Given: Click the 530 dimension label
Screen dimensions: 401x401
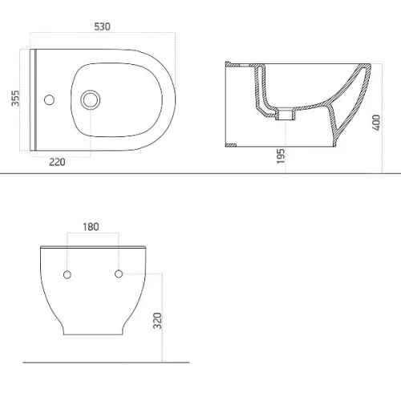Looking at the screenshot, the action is (x=102, y=26).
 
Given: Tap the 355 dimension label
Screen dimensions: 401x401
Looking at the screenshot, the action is (x=15, y=98).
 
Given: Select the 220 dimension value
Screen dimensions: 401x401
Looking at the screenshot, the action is (x=57, y=162).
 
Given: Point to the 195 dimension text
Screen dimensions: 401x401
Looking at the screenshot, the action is (x=281, y=156).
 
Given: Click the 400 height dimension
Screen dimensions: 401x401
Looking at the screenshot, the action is (x=376, y=123).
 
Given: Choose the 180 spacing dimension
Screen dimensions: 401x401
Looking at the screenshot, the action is (x=91, y=227).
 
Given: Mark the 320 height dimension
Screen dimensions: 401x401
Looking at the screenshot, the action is (x=157, y=321).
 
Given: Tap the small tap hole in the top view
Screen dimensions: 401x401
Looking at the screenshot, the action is (x=49, y=99).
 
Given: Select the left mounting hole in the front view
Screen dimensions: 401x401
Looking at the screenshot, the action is (x=67, y=274).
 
